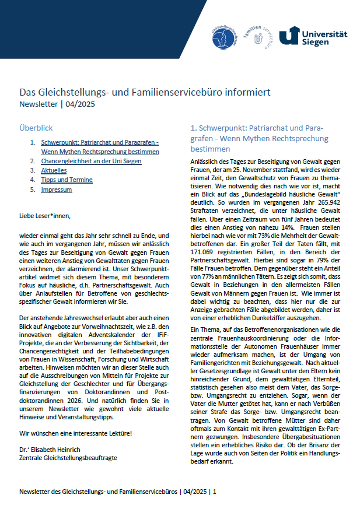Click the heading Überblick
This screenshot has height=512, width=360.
pyautogui.click(x=36, y=128)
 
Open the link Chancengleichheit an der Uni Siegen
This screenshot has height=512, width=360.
pyautogui.click(x=91, y=161)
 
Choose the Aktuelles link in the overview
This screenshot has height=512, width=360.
pyautogui.click(x=54, y=170)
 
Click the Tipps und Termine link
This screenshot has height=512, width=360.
pyautogui.click(x=67, y=180)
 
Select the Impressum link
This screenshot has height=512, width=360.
pyautogui.click(x=57, y=190)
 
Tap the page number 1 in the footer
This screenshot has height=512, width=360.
pyautogui.click(x=215, y=492)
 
